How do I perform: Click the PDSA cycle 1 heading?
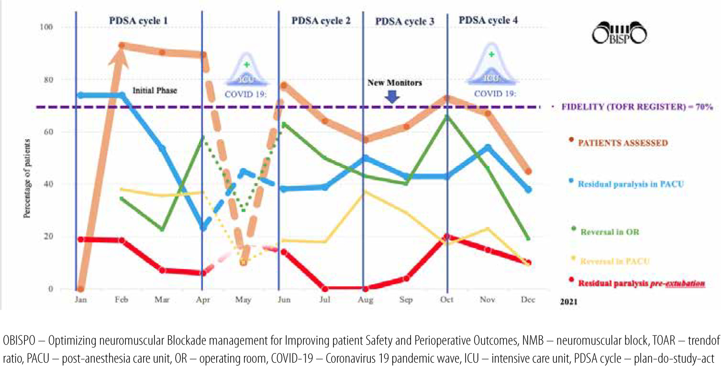coord(139,21)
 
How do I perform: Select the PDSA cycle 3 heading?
coord(405,22)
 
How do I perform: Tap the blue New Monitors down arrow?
coord(391,97)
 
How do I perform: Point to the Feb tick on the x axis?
coord(122,300)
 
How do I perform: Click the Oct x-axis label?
coord(447,300)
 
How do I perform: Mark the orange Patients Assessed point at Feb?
coord(122,45)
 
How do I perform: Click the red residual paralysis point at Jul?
coord(325,288)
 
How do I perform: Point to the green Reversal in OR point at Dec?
coord(528,239)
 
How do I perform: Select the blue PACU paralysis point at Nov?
coord(488,147)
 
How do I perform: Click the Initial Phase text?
coord(155,89)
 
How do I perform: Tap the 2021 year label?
coord(569,302)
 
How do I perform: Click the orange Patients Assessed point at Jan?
coord(80,289)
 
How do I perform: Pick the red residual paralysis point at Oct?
coord(447,236)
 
